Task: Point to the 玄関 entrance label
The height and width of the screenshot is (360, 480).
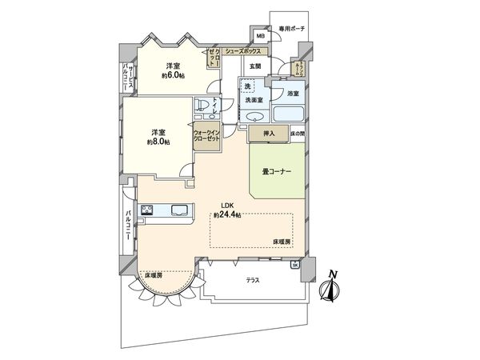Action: click(254, 66)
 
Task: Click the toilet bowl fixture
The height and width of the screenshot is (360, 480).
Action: click(202, 106)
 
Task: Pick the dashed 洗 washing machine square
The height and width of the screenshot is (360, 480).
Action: click(249, 86)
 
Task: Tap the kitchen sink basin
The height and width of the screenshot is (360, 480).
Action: click(179, 211)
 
